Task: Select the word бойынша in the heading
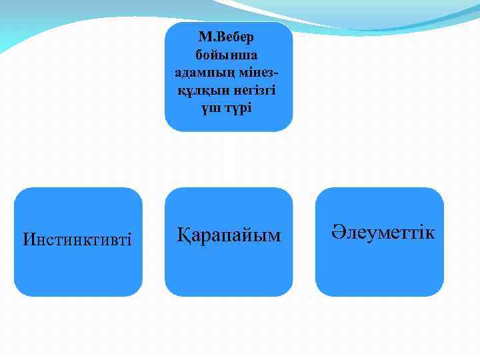coord(229,53)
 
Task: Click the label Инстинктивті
coord(77,239)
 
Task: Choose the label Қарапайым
coord(229,235)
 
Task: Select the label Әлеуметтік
coord(383,233)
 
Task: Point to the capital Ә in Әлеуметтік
coord(337,233)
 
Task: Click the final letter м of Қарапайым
coord(274,236)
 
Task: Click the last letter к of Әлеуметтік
coord(430,233)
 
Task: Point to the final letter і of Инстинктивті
coord(129,239)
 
